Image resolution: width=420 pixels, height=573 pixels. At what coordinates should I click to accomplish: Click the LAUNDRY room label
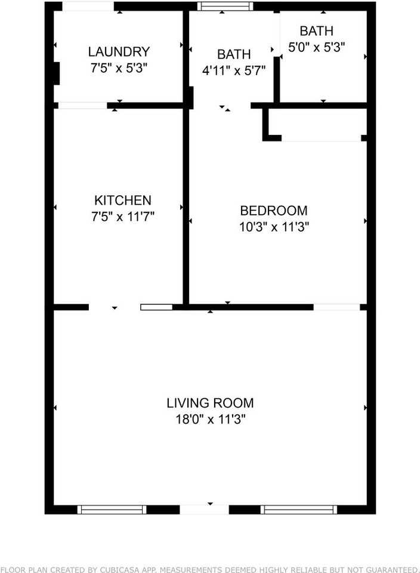[x=119, y=52]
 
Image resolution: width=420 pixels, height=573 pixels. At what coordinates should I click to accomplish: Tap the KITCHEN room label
[x=123, y=201]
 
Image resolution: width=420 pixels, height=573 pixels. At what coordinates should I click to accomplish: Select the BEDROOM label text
[x=274, y=211]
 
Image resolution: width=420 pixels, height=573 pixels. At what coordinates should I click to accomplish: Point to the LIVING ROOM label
[x=210, y=403]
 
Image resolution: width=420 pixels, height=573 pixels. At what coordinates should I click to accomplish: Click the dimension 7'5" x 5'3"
[x=119, y=68]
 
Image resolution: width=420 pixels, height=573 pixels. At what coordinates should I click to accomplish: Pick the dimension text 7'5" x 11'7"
[x=123, y=217]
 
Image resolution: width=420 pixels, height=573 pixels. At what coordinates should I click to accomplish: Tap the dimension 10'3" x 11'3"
[x=274, y=227]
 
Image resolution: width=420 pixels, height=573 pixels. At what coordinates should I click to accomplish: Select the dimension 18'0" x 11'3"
[x=210, y=419]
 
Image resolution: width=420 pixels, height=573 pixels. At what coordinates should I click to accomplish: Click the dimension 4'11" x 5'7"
[x=234, y=70]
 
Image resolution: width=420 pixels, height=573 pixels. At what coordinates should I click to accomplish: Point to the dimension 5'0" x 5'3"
[x=317, y=47]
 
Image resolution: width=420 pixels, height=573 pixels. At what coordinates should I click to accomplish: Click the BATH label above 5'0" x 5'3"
[x=316, y=31]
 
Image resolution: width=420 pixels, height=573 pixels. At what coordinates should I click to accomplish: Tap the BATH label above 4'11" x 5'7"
[x=234, y=54]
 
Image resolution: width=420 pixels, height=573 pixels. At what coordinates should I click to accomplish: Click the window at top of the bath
[x=226, y=7]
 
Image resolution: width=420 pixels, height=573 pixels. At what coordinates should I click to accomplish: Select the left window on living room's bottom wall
[x=112, y=509]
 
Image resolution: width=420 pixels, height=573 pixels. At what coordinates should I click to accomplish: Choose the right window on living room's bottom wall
[x=299, y=509]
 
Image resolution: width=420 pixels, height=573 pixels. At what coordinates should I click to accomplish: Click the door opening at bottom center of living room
[x=205, y=509]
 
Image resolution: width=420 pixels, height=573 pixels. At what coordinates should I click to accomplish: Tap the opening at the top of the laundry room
[x=88, y=7]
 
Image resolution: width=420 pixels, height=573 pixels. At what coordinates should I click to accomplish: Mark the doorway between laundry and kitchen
[x=83, y=106]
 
